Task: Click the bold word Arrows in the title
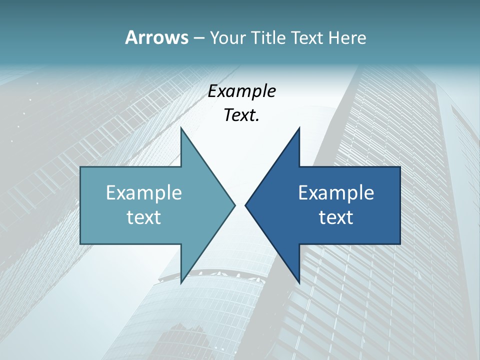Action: click(x=156, y=37)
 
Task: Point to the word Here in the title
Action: click(x=347, y=37)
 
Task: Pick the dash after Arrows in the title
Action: click(x=198, y=38)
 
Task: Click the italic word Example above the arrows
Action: click(x=242, y=91)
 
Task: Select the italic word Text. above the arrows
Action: click(x=242, y=115)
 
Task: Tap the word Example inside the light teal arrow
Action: click(x=144, y=192)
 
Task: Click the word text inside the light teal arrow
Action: click(x=144, y=217)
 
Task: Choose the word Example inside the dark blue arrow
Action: click(x=336, y=192)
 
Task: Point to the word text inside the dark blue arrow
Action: click(x=336, y=217)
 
